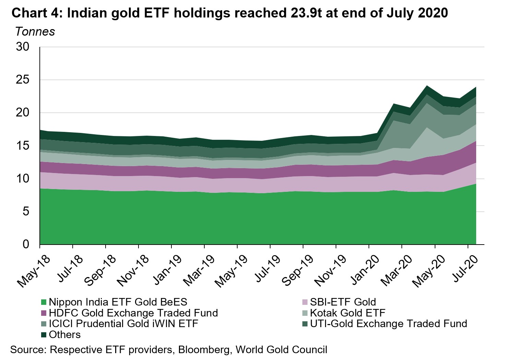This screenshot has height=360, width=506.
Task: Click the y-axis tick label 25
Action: (x=23, y=80)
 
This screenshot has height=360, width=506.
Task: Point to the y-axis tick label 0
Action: (x=26, y=245)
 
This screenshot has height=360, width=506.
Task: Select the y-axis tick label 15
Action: (x=23, y=146)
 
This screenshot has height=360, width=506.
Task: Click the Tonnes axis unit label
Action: (x=35, y=32)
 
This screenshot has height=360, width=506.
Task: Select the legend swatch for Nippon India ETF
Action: (x=44, y=302)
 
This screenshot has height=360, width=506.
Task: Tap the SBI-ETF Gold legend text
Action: (x=343, y=302)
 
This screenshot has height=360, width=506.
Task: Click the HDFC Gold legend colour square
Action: (x=44, y=313)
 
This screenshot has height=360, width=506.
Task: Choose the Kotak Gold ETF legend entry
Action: (x=348, y=313)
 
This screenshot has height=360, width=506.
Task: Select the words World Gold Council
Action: (x=281, y=350)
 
